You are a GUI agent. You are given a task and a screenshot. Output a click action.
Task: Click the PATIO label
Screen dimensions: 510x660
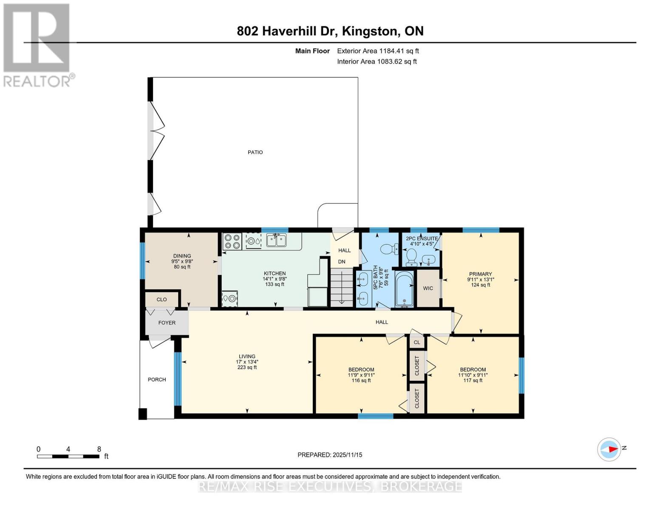255,152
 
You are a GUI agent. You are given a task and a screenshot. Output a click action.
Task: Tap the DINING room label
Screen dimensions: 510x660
182,256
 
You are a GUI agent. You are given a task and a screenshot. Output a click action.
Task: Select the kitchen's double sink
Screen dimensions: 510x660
276,240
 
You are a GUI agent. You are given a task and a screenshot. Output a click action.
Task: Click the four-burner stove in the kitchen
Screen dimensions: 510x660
232,241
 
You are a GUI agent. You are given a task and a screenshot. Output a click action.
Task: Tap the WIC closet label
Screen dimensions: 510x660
428,288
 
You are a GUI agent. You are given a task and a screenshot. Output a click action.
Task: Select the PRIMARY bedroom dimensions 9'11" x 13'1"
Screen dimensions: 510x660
480,280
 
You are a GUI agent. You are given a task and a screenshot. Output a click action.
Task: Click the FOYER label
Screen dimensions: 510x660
167,323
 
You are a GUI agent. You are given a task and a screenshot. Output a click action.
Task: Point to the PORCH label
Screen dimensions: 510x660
156,380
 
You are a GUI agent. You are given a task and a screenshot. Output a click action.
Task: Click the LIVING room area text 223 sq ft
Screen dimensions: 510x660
247,367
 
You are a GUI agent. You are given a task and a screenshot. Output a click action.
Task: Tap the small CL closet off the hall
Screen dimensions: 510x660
416,342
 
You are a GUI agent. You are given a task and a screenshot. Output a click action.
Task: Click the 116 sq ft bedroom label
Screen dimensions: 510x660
361,380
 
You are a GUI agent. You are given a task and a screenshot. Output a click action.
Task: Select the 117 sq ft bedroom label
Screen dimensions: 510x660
473,380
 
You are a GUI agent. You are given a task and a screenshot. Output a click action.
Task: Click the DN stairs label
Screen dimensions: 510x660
342,262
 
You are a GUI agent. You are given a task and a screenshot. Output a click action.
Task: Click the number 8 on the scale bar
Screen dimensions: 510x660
99,449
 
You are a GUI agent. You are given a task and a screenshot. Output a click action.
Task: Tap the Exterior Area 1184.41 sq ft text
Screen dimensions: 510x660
378,51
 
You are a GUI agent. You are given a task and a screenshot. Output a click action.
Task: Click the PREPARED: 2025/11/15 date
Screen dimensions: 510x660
330,455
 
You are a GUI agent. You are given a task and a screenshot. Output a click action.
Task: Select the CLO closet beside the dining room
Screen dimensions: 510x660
161,299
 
